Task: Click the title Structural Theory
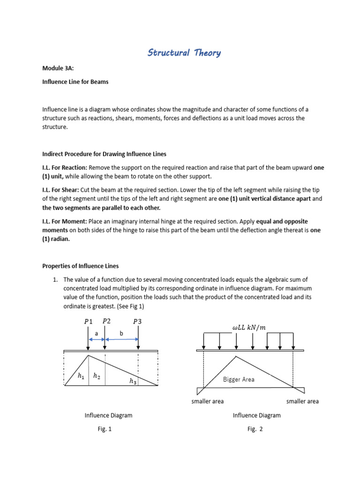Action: [x=184, y=52]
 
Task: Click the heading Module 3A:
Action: [x=58, y=68]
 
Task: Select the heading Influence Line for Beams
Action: [x=75, y=82]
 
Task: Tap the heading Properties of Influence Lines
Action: [x=81, y=266]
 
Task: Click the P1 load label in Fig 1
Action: [x=89, y=322]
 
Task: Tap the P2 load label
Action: [x=106, y=321]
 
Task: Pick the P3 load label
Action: [x=137, y=322]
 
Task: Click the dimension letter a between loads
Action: [x=97, y=333]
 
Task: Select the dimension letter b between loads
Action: [x=121, y=333]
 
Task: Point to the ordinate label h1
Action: [x=81, y=375]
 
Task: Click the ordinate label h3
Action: [x=133, y=382]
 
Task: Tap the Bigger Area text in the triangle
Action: [x=239, y=379]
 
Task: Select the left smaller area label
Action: [x=208, y=401]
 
